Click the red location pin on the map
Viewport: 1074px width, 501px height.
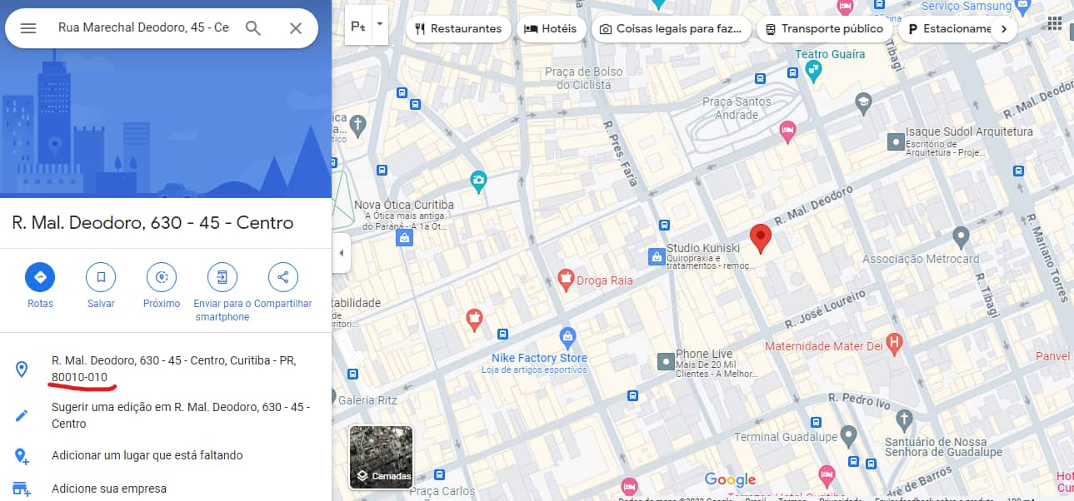(759, 237)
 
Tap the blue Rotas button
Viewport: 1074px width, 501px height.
(40, 277)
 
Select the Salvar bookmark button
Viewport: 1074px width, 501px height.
(101, 277)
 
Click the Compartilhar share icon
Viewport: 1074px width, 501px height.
(283, 277)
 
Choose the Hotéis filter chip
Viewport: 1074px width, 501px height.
(550, 28)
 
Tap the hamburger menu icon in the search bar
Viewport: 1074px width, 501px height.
(28, 28)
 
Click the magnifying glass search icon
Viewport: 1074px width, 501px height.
(253, 28)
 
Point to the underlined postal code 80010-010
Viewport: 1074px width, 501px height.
(79, 377)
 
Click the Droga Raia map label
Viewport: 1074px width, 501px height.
(605, 280)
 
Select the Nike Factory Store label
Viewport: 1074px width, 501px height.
(539, 358)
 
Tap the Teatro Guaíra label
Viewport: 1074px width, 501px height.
(830, 54)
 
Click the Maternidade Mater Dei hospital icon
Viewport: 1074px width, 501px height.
(895, 342)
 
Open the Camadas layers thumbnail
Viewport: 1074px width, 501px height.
(381, 457)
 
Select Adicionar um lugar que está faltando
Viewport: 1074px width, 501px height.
(147, 455)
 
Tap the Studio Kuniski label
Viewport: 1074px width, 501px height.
(703, 248)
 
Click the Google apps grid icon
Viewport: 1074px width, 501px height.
(1054, 22)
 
